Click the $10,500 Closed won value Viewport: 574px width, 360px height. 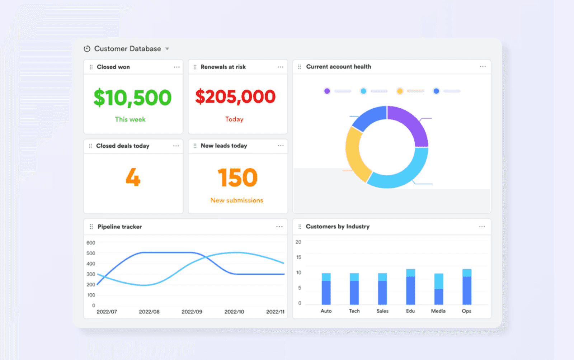132,98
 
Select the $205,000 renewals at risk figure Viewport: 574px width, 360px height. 235,97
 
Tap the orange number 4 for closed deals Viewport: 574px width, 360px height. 133,177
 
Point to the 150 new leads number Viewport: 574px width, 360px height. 237,177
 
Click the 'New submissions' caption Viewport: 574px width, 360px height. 237,200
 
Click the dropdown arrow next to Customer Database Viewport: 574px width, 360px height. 167,49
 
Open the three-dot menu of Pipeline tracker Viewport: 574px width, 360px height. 279,227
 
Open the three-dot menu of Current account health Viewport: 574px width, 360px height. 483,67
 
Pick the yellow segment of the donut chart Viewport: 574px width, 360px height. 355,154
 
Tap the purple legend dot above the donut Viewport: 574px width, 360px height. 327,91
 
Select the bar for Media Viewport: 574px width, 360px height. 438,290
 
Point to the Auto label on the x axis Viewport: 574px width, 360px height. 326,311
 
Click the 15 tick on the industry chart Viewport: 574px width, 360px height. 299,257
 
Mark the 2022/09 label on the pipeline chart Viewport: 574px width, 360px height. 192,312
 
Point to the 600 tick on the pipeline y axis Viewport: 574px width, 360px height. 91,243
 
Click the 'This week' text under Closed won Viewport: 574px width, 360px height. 130,119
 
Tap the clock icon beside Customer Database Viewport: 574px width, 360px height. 87,49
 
